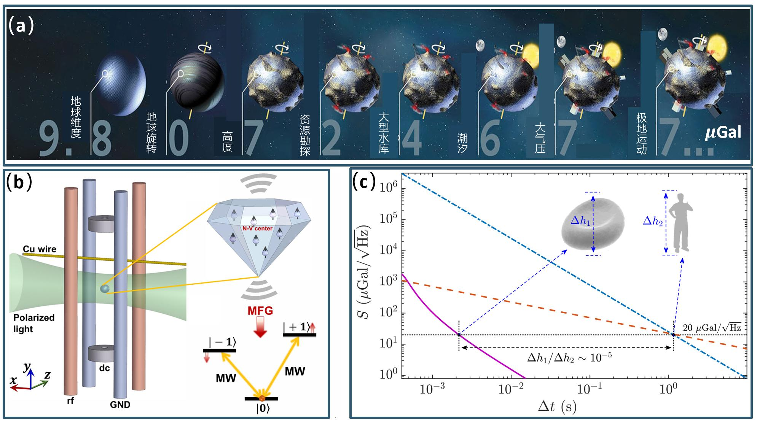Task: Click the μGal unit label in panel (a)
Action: tap(723, 133)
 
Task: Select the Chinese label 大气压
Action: tap(540, 137)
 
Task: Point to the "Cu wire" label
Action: tap(40, 249)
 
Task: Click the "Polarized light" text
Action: tap(34, 323)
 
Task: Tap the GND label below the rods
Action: tap(120, 405)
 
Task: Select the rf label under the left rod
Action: tap(70, 400)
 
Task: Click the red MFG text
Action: tap(260, 311)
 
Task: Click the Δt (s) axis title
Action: tap(556, 407)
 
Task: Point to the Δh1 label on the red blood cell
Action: tap(580, 221)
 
